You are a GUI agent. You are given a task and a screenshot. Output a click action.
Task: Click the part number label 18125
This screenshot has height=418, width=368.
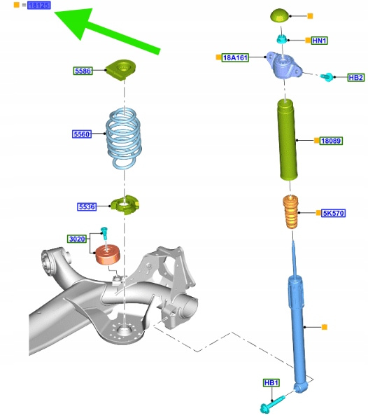pos(39,5)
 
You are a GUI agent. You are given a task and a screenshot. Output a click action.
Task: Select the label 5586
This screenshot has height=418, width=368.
pos(83,71)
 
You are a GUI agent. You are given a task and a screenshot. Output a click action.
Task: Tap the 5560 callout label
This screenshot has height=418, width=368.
pos(82,134)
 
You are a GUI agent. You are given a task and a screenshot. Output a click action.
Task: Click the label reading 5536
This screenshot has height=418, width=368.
pos(87,207)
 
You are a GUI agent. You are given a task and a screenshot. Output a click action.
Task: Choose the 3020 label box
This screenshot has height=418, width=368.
pos(77,239)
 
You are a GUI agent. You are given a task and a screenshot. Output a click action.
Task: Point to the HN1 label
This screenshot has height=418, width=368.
pos(319,41)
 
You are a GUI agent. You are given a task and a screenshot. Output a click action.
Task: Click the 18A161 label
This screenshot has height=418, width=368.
pos(235,57)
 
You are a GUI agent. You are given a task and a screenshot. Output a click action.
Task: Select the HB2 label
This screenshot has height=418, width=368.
pos(356,77)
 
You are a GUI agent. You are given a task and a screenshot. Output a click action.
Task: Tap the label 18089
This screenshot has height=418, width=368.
pos(331,141)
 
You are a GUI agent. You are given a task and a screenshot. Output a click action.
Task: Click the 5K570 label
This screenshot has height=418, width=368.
pos(334,213)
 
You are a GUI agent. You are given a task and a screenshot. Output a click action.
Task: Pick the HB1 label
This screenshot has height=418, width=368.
pos(271,383)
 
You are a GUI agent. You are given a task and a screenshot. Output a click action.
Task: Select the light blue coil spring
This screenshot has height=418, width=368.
pos(124,138)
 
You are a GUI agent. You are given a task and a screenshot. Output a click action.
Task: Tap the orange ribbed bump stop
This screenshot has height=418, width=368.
pos(290,211)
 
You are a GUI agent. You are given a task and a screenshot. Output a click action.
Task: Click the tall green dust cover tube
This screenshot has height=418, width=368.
pos(288,139)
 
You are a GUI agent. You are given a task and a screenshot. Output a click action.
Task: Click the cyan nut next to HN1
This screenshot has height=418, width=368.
pos(282,39)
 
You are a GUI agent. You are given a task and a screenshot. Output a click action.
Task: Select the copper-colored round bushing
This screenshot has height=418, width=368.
pos(108,255)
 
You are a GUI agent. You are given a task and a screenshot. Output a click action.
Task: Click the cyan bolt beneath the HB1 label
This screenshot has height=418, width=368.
pos(272,403)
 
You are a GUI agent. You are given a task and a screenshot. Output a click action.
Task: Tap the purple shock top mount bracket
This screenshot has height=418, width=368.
pos(284,65)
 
